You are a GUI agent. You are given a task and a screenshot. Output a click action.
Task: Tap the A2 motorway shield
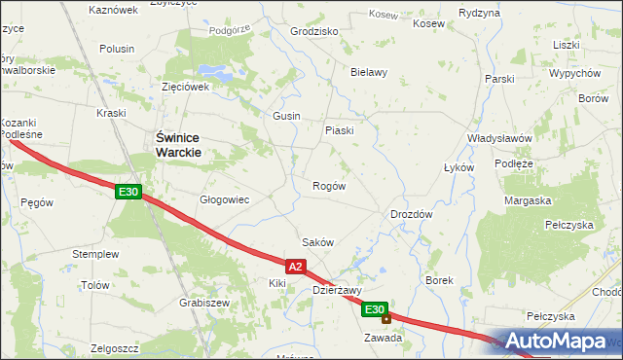coord(297,266)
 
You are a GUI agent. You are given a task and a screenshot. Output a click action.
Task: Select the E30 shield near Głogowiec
coord(128,193)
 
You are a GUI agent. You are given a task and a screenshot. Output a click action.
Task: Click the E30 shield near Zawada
coord(376,309)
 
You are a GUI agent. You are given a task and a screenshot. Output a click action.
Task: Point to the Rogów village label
coord(328,186)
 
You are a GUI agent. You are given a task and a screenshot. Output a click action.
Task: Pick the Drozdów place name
coord(411,214)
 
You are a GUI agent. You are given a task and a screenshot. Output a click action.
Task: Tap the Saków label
coord(318,242)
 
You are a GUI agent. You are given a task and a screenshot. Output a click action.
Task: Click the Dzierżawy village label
coord(337,290)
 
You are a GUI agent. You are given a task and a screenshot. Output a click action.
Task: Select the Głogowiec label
coord(225,199)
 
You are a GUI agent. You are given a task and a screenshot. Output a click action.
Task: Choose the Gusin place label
coord(286,116)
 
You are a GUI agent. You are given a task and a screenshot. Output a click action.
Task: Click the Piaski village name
coord(339,130)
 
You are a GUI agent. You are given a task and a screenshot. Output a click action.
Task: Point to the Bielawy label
coord(369,72)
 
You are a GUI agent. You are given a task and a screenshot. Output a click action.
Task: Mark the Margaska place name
coord(528,200)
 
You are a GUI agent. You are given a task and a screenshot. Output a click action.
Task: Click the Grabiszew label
coord(204,303)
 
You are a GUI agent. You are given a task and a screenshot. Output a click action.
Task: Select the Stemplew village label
coord(95,254)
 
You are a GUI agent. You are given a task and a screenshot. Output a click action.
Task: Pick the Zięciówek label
coord(186,87)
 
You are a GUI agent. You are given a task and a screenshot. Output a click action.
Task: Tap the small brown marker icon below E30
coord(386,318)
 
